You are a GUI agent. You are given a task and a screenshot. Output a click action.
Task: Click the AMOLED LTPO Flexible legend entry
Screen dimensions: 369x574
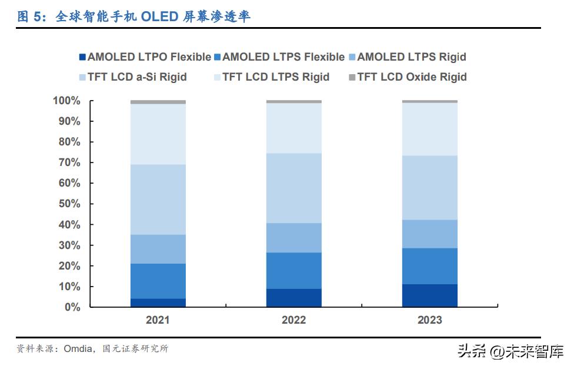click(x=144, y=57)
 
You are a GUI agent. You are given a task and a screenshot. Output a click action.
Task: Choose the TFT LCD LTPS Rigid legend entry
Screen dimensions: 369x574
click(x=271, y=77)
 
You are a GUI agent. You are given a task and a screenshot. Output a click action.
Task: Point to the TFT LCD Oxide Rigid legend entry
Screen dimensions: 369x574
click(x=407, y=77)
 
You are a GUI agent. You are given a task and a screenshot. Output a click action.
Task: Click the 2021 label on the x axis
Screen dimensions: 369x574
click(x=158, y=321)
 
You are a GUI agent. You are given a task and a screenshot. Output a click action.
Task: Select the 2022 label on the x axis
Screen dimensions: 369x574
click(x=293, y=321)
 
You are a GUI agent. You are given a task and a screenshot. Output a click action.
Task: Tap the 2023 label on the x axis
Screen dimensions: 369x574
click(x=429, y=321)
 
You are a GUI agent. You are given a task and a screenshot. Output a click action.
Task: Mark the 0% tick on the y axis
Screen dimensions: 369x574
click(x=72, y=307)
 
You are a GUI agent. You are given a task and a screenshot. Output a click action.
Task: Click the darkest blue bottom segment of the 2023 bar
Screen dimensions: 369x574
click(x=429, y=295)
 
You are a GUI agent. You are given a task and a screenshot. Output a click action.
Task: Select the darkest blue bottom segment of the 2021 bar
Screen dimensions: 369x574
click(x=158, y=302)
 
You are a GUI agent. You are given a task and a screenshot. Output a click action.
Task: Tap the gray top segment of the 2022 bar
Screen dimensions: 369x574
click(x=293, y=102)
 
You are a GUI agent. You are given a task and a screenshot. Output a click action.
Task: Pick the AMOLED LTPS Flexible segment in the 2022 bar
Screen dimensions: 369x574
click(x=293, y=271)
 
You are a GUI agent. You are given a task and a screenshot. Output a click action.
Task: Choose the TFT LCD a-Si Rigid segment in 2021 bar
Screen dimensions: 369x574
click(x=158, y=200)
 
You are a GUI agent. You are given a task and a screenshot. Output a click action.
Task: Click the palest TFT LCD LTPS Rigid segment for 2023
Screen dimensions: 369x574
click(x=429, y=129)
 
